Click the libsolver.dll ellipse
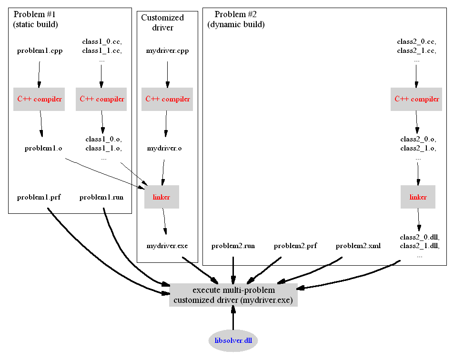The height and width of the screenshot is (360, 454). [x=233, y=340]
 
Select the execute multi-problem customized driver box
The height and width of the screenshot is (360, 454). [x=233, y=295]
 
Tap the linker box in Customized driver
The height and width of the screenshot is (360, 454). [x=161, y=197]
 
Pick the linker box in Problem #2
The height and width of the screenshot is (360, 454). [x=418, y=197]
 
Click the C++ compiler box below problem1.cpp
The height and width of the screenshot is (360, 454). [x=39, y=99]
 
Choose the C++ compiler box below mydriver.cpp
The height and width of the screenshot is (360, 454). [x=167, y=99]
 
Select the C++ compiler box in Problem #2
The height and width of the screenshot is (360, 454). [x=417, y=99]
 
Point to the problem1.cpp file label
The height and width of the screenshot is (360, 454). [x=40, y=50]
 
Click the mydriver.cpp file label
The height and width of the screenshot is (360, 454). [x=167, y=50]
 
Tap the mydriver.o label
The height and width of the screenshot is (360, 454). [x=164, y=148]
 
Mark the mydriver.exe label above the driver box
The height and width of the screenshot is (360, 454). [x=167, y=246]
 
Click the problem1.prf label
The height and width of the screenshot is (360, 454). [x=39, y=197]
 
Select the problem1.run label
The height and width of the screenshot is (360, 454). [x=101, y=197]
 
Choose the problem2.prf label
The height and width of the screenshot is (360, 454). [x=295, y=246]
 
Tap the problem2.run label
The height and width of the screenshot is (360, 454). [x=233, y=246]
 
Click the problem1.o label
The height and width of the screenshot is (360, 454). [x=43, y=148]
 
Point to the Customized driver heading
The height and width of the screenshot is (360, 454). [x=162, y=22]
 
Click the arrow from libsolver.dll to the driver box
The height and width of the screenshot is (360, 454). [x=233, y=318]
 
